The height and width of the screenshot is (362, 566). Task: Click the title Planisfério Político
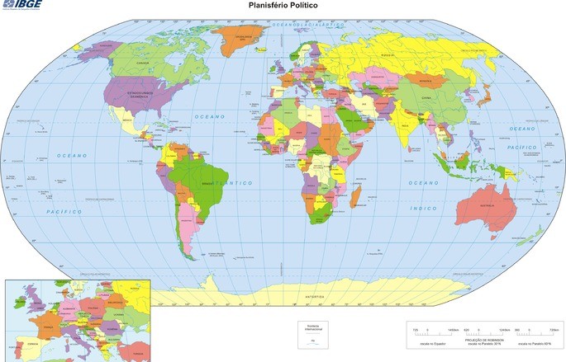283,5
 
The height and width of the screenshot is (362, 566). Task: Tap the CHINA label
426,97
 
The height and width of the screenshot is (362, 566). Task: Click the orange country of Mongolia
426,80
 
